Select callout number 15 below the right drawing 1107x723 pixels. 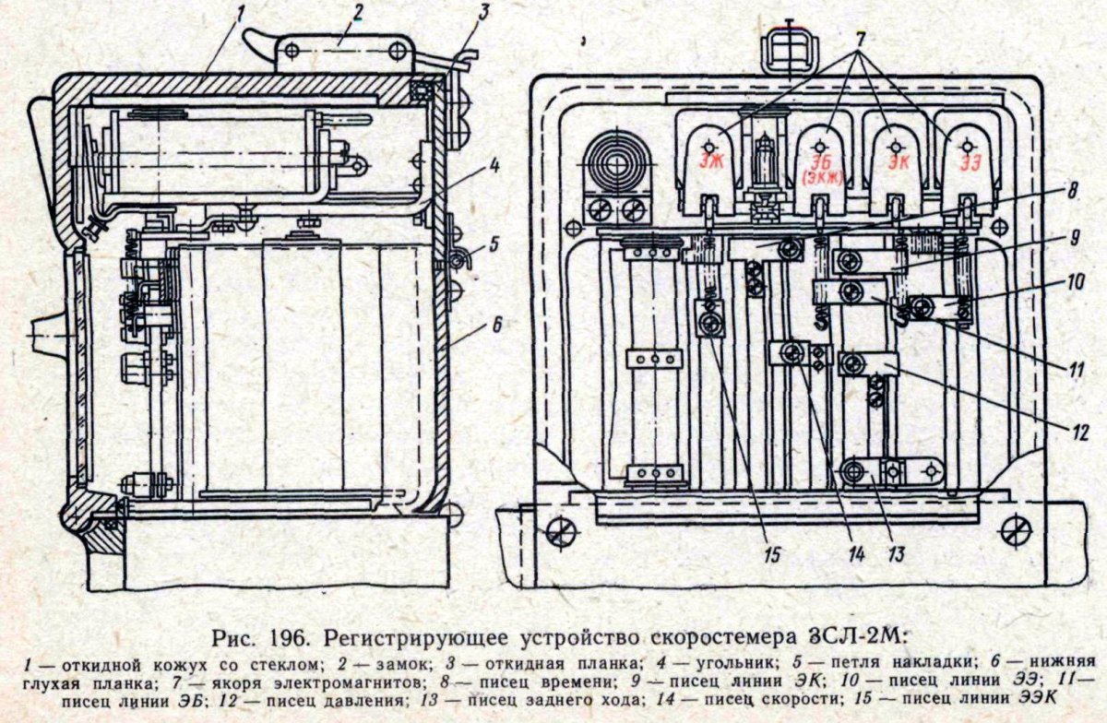point(771,554)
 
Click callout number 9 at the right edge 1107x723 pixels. point(1075,236)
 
